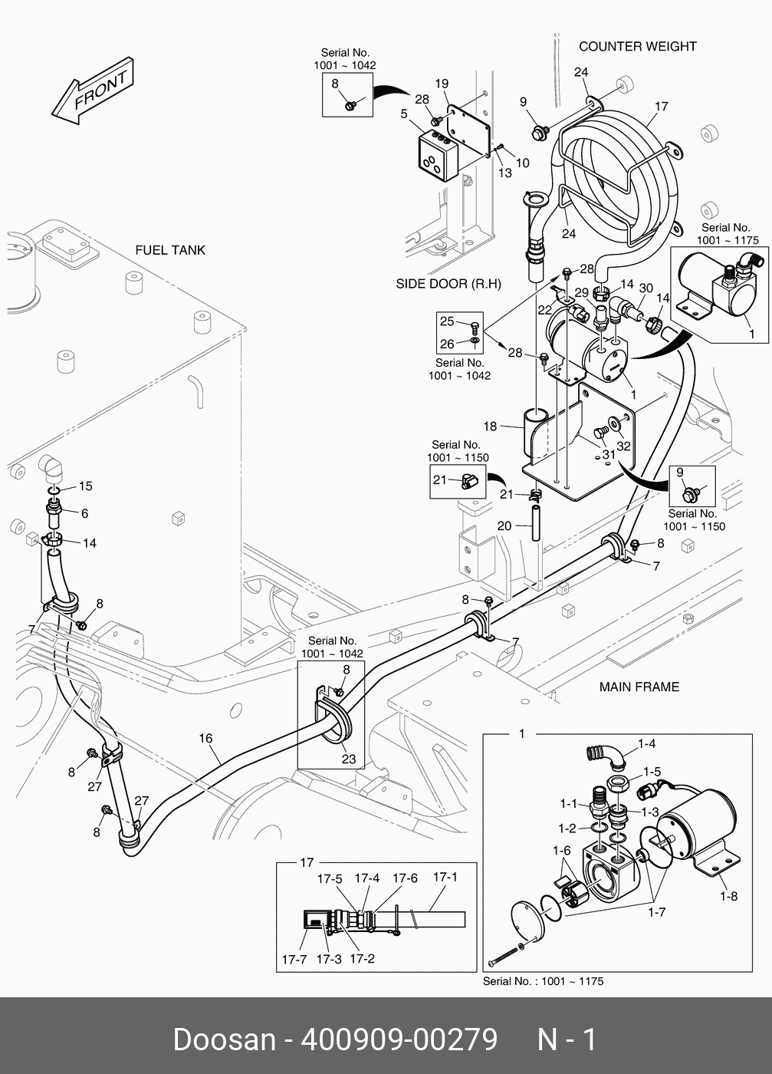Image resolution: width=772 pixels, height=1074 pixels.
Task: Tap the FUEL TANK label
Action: [x=170, y=250]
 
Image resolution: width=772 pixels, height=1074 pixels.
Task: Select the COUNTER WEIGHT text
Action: [x=637, y=46]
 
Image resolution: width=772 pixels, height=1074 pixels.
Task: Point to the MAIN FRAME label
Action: [x=639, y=687]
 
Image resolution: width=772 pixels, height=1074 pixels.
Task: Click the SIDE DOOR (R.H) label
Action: [x=448, y=284]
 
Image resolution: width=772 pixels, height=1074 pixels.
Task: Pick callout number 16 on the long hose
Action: [x=205, y=739]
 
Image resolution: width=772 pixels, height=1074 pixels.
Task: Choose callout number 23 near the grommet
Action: [x=349, y=759]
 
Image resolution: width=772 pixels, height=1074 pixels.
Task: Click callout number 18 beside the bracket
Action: [x=490, y=427]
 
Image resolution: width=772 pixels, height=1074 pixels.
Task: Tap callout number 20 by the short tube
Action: [x=504, y=526]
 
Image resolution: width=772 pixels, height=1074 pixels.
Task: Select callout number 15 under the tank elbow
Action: [x=85, y=486]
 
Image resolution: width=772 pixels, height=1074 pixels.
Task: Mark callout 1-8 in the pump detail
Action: [x=728, y=895]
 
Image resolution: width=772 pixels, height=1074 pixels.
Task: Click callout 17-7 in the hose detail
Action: [x=294, y=959]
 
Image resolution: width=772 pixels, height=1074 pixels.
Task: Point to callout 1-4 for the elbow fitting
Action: [x=647, y=743]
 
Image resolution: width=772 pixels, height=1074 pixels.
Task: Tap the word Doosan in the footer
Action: [x=224, y=1040]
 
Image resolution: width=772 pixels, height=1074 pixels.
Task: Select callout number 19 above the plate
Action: [x=442, y=84]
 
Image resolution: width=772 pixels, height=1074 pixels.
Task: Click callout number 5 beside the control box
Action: [x=403, y=114]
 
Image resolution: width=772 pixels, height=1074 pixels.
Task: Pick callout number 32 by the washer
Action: [x=623, y=446]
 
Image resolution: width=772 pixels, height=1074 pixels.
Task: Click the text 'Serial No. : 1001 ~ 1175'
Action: [x=543, y=981]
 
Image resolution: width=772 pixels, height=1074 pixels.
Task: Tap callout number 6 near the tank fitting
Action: [x=84, y=513]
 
